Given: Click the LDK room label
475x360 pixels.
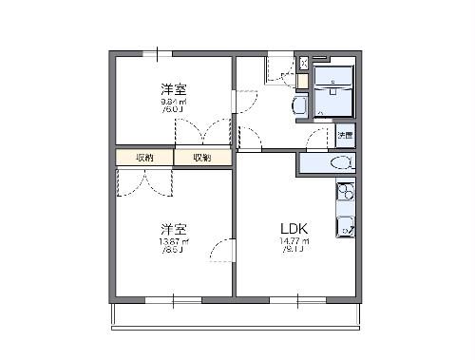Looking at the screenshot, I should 292,229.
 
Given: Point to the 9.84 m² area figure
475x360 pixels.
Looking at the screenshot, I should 173,102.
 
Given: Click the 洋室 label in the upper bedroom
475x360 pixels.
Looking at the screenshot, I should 173,88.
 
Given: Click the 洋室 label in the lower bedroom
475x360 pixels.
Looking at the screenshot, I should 173,229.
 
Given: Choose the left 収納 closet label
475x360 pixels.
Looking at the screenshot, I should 144,158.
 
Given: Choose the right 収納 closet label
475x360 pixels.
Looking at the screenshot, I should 202,158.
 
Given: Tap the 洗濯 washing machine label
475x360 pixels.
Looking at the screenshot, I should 346,137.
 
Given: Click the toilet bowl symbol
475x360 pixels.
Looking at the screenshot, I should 336,163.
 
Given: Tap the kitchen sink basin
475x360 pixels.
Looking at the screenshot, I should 345,226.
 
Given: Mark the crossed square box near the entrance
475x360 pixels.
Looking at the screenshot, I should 303,64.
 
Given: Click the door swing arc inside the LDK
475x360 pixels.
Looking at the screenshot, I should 222,252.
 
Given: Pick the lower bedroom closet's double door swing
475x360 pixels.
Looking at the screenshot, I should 144,182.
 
